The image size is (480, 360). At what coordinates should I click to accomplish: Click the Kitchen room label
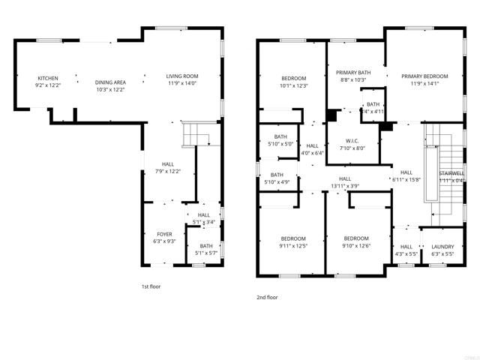coord(48,78)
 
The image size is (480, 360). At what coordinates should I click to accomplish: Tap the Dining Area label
coord(110,82)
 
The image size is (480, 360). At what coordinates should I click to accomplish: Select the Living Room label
coord(181,76)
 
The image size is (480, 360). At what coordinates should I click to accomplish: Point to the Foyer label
coord(164,234)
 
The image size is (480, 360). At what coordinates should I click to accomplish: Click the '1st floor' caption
coord(151,286)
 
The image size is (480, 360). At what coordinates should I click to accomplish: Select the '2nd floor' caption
coord(267,297)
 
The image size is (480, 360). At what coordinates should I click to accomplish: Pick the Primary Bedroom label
coord(424,76)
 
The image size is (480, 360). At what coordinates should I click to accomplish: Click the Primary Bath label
coord(353,73)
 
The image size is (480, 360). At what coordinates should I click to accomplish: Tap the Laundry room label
coord(443,246)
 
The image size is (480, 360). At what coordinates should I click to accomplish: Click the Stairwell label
coord(451,172)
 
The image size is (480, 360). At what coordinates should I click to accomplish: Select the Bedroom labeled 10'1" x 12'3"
coord(294,79)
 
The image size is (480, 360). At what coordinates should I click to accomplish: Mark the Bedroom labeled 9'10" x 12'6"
coord(357,239)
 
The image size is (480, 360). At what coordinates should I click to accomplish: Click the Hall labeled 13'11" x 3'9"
coord(346,178)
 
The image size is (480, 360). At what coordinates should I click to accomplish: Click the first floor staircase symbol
coord(197,135)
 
